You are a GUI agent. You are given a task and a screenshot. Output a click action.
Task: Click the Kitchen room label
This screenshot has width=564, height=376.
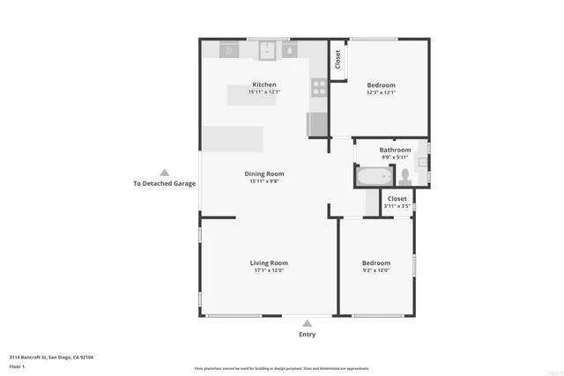coord(264,85)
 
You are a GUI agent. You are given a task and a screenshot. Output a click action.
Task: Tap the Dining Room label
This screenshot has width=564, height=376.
coord(264,173)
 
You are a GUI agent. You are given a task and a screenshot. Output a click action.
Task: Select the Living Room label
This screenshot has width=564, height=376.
coord(269,262)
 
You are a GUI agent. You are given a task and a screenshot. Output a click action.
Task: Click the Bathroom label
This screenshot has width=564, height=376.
coord(395,150)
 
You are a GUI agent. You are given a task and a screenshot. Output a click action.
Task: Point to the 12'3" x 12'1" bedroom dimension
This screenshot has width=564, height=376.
coord(381,92)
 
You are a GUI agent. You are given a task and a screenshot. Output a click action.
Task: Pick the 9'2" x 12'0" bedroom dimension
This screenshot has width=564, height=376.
coord(375,270)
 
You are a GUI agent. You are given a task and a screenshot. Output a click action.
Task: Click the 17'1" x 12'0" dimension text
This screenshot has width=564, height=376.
coord(269,270)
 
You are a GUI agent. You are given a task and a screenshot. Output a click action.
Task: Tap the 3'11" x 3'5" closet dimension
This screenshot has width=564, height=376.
coord(397,206)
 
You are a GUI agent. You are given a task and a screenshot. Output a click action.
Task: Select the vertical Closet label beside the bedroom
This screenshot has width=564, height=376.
coord(338,59)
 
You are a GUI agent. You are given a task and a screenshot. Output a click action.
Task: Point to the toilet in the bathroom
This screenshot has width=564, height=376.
coord(405,176)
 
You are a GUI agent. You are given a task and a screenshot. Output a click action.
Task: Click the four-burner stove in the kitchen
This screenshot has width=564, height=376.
coord(319,86)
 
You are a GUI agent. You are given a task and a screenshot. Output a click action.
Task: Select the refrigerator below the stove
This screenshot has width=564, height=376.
coord(317,123)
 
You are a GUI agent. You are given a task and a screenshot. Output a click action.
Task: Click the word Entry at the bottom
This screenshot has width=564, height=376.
coord(307,335)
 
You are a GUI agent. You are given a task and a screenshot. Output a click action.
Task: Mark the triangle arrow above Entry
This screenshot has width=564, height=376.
coord(307,323)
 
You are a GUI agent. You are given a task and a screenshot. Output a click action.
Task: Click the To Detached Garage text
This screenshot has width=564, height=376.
coord(164,184)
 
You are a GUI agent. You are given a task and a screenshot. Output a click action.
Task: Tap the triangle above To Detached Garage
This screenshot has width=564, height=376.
coord(164,173)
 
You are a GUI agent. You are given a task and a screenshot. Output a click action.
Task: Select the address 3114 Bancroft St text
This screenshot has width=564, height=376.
coord(51,357)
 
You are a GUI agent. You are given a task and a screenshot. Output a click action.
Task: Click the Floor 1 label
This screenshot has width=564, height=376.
coord(17,365)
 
